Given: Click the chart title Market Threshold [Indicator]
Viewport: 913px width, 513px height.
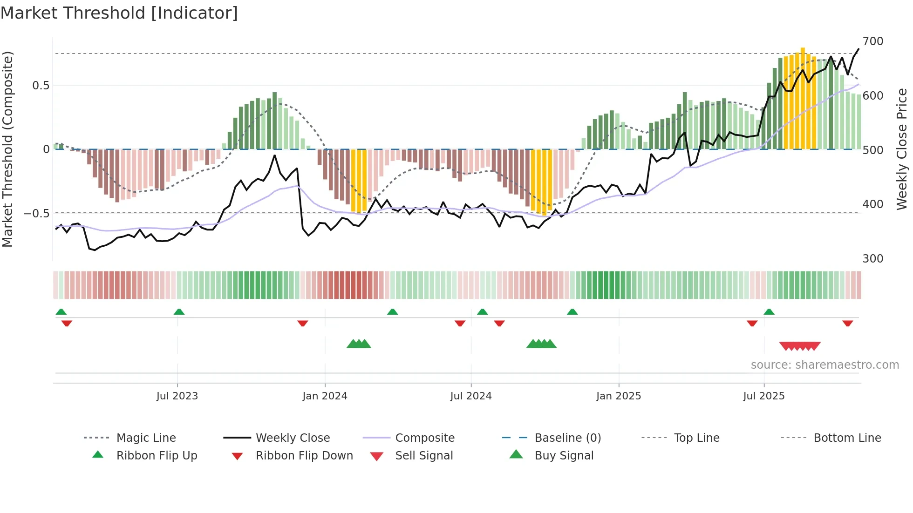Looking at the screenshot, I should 119,13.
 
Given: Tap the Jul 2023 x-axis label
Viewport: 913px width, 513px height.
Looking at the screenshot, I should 177,396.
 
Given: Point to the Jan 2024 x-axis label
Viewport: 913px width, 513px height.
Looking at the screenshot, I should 325,396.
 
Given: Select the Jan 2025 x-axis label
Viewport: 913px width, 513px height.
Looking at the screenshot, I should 619,396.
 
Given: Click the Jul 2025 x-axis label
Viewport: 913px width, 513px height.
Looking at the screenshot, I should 764,396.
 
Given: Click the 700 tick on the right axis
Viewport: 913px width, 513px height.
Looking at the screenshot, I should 873,41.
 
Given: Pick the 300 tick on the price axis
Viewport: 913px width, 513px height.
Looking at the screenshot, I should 873,259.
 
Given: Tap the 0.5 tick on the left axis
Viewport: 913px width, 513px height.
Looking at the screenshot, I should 41,86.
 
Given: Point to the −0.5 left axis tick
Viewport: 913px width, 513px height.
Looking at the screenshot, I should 37,214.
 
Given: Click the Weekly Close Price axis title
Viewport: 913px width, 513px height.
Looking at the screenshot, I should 902,149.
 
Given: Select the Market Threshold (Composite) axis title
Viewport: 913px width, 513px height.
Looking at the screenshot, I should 7,149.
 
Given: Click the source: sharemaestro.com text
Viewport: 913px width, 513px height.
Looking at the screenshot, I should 824,365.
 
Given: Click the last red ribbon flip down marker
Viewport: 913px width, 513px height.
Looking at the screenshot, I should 847,323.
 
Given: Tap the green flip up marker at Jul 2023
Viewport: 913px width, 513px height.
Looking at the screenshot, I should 179,312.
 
